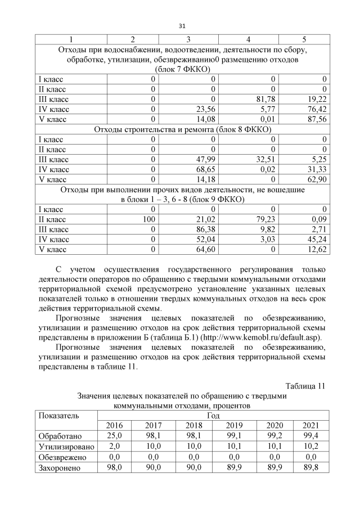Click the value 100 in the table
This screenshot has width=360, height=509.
(x=147, y=219)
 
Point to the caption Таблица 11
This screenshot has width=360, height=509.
(x=305, y=386)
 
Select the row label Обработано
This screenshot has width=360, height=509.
(x=60, y=436)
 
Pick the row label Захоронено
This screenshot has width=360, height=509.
(x=60, y=467)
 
